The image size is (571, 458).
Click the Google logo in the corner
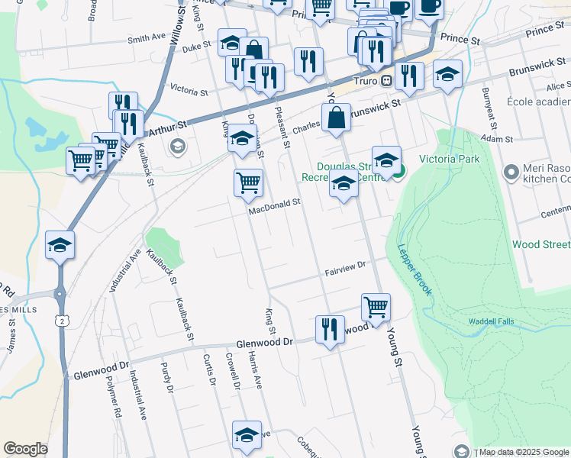(25, 449)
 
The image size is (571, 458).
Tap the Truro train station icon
(387, 81)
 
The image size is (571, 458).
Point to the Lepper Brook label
(415, 270)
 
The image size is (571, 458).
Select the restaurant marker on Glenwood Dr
(330, 330)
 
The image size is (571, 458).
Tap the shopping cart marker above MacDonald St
(248, 183)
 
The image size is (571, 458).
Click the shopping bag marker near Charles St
(336, 119)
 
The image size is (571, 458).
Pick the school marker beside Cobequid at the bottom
(247, 434)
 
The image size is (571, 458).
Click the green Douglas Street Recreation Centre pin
(398, 171)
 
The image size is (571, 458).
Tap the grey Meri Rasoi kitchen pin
(511, 172)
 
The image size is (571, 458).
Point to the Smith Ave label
(147, 37)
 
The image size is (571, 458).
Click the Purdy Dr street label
(166, 378)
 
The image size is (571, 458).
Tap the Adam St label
(497, 139)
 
